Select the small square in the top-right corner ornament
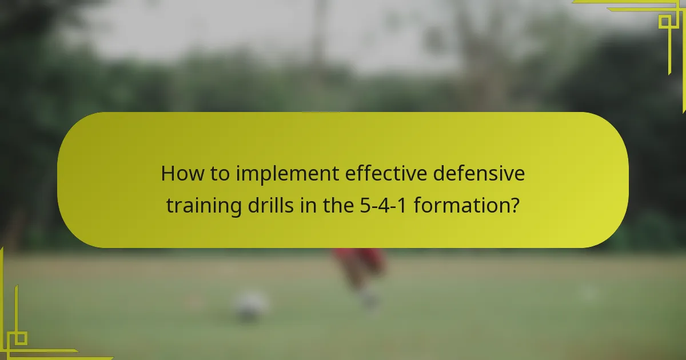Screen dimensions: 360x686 click(x=664, y=22)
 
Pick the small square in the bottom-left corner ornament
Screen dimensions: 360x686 click(x=20, y=338)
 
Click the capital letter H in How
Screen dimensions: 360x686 click(x=167, y=174)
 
